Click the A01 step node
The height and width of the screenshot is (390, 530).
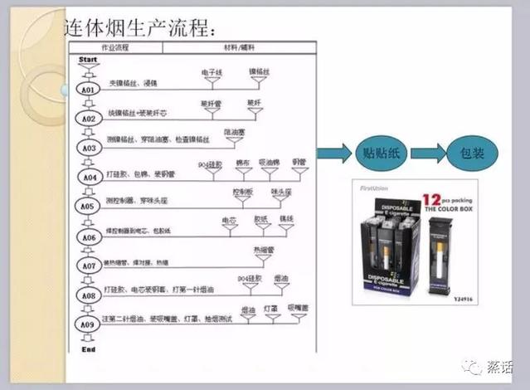(88, 89)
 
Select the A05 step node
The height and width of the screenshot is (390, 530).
(88, 206)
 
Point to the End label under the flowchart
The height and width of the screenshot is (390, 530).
(88, 349)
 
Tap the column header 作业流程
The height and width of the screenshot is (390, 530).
(115, 47)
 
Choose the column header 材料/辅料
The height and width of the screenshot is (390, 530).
(240, 47)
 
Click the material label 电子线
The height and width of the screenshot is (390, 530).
(212, 72)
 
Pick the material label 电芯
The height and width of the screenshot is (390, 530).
(229, 220)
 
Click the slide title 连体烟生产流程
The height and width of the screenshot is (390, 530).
(140, 27)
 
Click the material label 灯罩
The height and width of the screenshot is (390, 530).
(271, 308)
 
